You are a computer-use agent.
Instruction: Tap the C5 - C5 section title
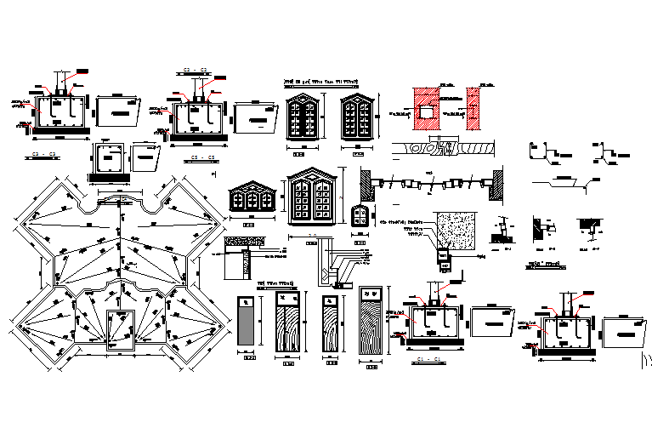[x=201, y=158]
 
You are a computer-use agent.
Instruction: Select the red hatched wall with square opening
[x=427, y=109]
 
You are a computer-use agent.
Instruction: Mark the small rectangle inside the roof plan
[x=120, y=329]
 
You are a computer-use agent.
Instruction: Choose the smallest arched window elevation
[x=360, y=216]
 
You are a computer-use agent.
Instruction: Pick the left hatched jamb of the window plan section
[x=366, y=183]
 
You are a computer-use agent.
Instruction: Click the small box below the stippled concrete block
[x=443, y=254]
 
